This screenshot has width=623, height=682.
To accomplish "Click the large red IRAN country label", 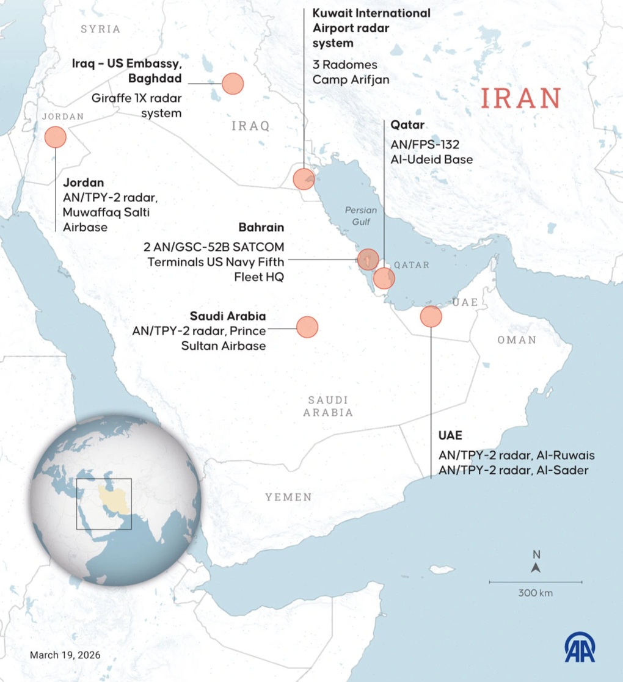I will tap(520, 98).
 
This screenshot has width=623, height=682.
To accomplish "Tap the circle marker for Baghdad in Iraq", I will tap(233, 83).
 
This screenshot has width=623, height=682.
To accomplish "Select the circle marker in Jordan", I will tap(56, 137).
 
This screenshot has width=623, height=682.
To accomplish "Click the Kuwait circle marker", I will tap(304, 179).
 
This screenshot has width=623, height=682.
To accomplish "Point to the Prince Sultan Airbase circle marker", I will tap(307, 327).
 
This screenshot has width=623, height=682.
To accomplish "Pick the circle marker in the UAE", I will tap(431, 316).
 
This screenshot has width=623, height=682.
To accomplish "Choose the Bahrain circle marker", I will tap(368, 259).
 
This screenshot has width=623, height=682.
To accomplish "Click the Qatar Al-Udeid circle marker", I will tap(384, 278).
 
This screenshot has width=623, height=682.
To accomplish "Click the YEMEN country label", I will tap(288, 497).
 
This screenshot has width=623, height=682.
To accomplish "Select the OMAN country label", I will tap(516, 339).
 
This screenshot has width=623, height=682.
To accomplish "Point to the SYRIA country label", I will tap(101, 29).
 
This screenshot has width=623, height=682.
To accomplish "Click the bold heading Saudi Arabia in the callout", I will tap(228, 316).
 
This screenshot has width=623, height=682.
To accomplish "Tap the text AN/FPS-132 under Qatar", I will tap(424, 145).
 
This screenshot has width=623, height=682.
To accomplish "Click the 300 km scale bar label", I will tap(535, 592).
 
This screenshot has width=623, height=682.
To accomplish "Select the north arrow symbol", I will tap(536, 567).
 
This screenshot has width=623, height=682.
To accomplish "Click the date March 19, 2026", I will tap(65, 655).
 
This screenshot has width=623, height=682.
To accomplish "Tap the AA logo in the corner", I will tap(580, 647).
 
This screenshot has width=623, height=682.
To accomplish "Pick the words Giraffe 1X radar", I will tap(136, 98).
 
